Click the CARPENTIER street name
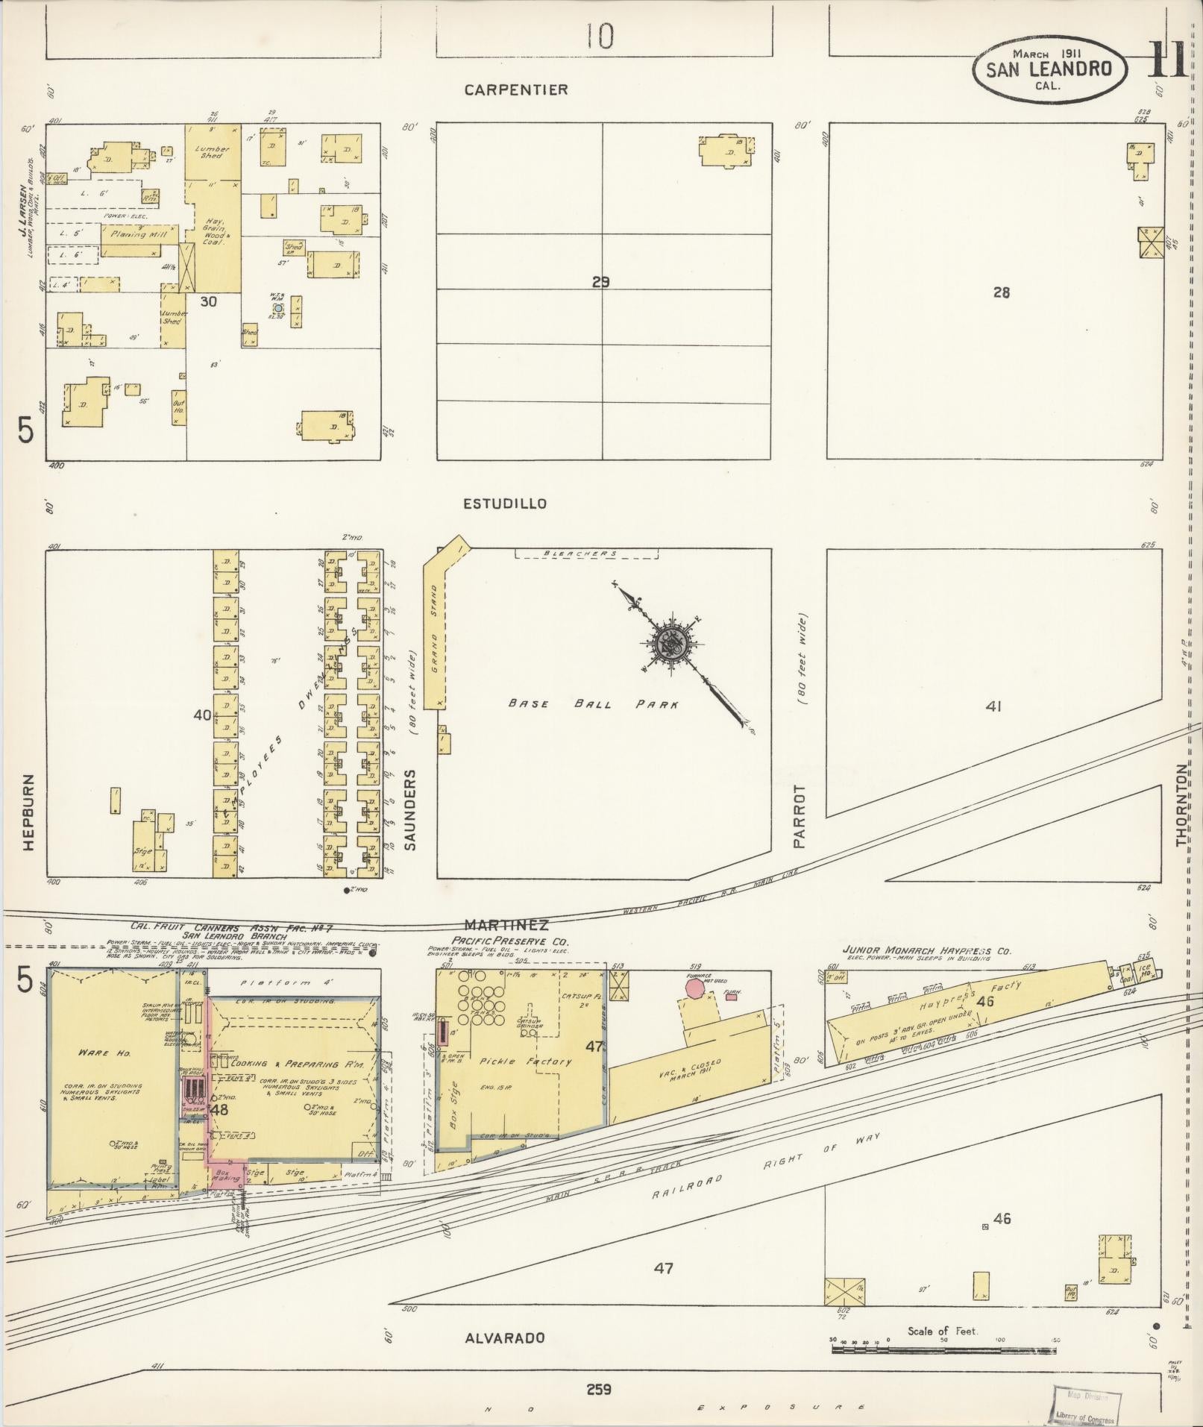(515, 90)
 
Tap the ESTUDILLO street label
(504, 504)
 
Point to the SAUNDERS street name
(409, 810)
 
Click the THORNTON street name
(1181, 805)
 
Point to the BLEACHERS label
(585, 553)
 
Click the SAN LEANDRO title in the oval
(1049, 69)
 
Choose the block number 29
(601, 282)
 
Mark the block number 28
(1001, 292)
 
